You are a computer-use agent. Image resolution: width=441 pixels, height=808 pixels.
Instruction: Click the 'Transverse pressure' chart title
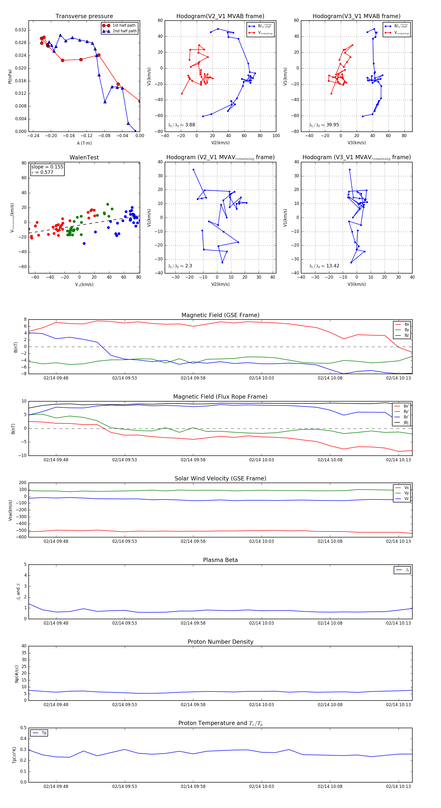tap(84, 16)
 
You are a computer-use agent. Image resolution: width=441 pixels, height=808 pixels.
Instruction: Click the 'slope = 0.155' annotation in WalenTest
tap(47, 167)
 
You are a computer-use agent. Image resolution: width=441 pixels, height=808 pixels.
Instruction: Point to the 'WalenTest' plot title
tap(84, 157)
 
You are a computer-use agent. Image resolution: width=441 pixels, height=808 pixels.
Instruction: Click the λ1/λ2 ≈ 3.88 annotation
tap(181, 125)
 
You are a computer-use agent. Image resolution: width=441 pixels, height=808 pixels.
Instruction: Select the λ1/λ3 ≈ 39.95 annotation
tap(324, 125)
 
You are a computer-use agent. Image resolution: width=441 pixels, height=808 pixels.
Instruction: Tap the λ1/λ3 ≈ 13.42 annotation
tap(324, 266)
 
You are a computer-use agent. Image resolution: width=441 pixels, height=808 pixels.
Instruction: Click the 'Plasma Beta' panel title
tap(220, 560)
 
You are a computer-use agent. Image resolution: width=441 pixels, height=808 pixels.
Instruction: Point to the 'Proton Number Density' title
tap(220, 642)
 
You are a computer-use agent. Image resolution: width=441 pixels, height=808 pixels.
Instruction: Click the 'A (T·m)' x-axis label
tap(84, 143)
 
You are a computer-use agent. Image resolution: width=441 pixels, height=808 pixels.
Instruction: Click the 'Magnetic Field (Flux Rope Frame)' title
tap(220, 397)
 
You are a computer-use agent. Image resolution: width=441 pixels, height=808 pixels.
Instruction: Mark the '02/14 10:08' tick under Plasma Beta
tap(330, 623)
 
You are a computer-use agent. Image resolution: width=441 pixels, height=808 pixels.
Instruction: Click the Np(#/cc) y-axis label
tap(17, 674)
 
